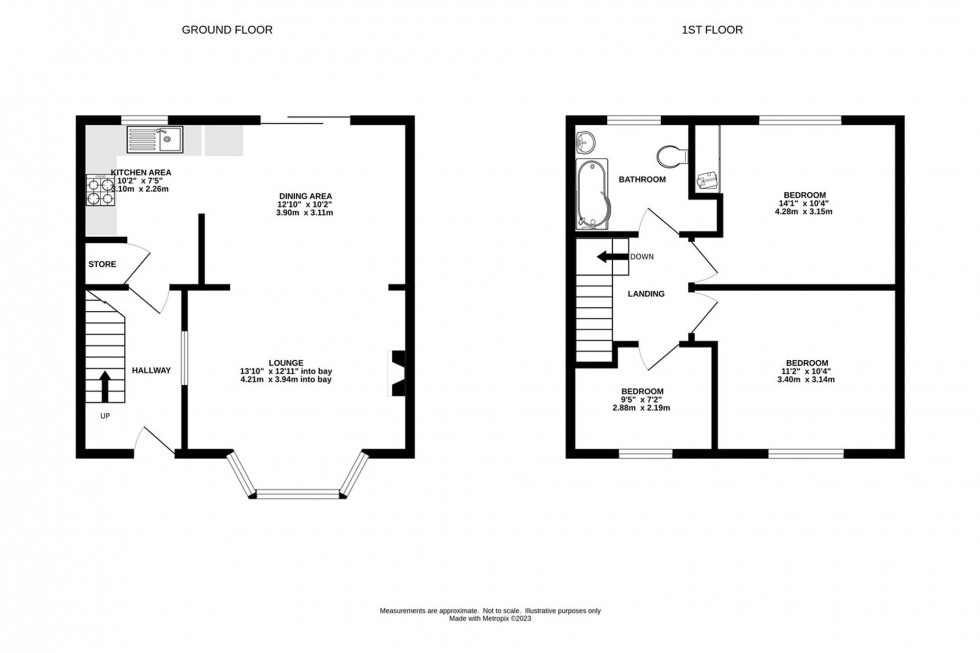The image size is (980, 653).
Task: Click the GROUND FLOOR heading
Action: click(227, 30)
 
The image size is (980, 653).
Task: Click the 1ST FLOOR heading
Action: click(713, 30)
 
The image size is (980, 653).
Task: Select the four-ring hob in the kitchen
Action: click(101, 190)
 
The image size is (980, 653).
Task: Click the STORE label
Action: click(102, 265)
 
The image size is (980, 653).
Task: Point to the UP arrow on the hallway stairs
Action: click(105, 385)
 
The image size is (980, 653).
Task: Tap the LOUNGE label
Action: click(285, 362)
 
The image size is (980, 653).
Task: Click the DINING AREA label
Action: click(305, 195)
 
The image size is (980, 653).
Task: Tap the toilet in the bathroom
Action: click(670, 157)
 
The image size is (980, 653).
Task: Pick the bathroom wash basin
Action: click(585, 142)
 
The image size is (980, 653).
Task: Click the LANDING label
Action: click(646, 294)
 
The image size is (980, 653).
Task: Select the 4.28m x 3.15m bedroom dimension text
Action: click(805, 212)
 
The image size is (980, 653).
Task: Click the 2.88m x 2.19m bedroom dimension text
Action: click(641, 408)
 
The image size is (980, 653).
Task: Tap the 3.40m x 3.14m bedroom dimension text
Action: click(806, 380)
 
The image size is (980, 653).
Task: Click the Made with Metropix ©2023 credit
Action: click(489, 619)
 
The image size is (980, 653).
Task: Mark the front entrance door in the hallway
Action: click(152, 440)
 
